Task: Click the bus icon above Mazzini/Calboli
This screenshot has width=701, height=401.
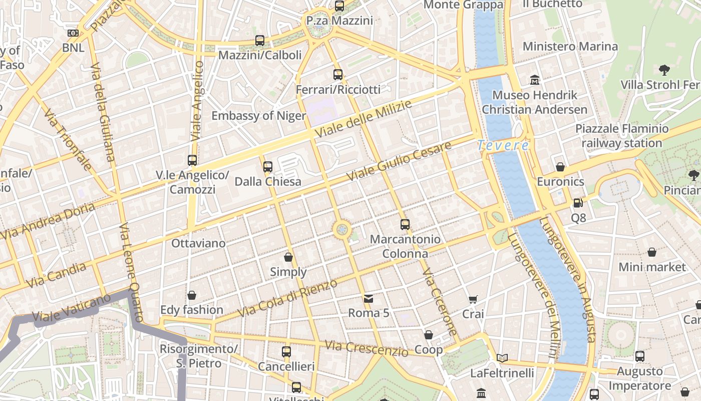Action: point(260,41)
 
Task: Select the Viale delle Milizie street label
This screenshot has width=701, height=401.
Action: point(364,119)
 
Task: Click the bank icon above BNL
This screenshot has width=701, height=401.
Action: point(73,33)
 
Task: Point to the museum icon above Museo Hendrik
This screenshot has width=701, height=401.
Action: point(535,80)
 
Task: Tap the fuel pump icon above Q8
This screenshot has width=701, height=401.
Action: point(578,203)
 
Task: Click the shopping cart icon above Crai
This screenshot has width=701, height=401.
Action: point(473,299)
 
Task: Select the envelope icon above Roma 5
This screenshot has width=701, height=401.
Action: point(369,299)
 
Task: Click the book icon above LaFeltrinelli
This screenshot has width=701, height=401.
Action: point(502,358)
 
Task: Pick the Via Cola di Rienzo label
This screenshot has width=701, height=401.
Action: point(287,298)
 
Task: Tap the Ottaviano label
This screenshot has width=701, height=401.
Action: point(198,243)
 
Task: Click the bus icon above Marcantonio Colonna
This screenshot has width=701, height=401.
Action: point(405,225)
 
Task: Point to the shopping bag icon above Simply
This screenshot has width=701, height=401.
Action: point(288,257)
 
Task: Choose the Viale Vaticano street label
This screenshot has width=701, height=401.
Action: point(71,308)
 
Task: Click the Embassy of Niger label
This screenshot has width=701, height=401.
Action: point(258,116)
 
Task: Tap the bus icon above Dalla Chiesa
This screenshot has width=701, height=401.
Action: point(268,166)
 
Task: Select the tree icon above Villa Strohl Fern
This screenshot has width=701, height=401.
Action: point(664,70)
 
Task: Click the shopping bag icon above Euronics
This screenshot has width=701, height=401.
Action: point(560,167)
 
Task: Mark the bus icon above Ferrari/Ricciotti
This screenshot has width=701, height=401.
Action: point(338,75)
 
